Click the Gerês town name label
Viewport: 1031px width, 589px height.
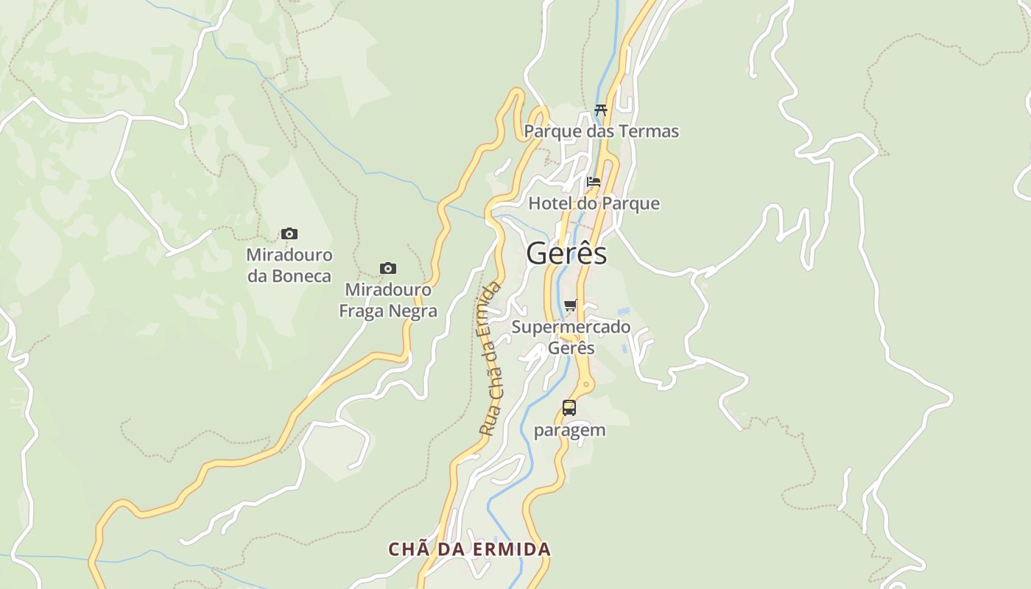pyautogui.click(x=566, y=254)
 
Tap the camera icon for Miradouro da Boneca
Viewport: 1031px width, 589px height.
pyautogui.click(x=289, y=234)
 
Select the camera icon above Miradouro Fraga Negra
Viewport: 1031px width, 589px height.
pyautogui.click(x=388, y=268)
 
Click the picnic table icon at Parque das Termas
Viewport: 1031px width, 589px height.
pyautogui.click(x=601, y=110)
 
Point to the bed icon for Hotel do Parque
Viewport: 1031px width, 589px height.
pyautogui.click(x=594, y=181)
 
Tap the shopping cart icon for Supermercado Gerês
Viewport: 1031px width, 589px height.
pyautogui.click(x=571, y=305)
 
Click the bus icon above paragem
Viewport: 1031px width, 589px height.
pyautogui.click(x=569, y=407)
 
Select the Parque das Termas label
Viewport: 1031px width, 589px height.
pyautogui.click(x=601, y=132)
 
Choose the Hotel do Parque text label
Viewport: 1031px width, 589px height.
pyautogui.click(x=594, y=203)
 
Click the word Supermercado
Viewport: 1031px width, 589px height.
pyautogui.click(x=571, y=327)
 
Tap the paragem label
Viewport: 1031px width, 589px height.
pyautogui.click(x=569, y=430)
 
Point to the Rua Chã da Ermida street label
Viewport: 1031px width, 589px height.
pyautogui.click(x=490, y=359)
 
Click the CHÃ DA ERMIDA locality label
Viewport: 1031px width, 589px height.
pyautogui.click(x=470, y=549)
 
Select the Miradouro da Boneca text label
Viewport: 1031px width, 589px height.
pyautogui.click(x=289, y=266)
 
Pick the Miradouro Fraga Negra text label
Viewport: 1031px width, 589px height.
pyautogui.click(x=388, y=300)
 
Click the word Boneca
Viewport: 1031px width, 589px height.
pyautogui.click(x=301, y=277)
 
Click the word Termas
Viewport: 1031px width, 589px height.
pyautogui.click(x=649, y=132)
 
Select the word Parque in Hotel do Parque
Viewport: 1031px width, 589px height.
pyautogui.click(x=630, y=203)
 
